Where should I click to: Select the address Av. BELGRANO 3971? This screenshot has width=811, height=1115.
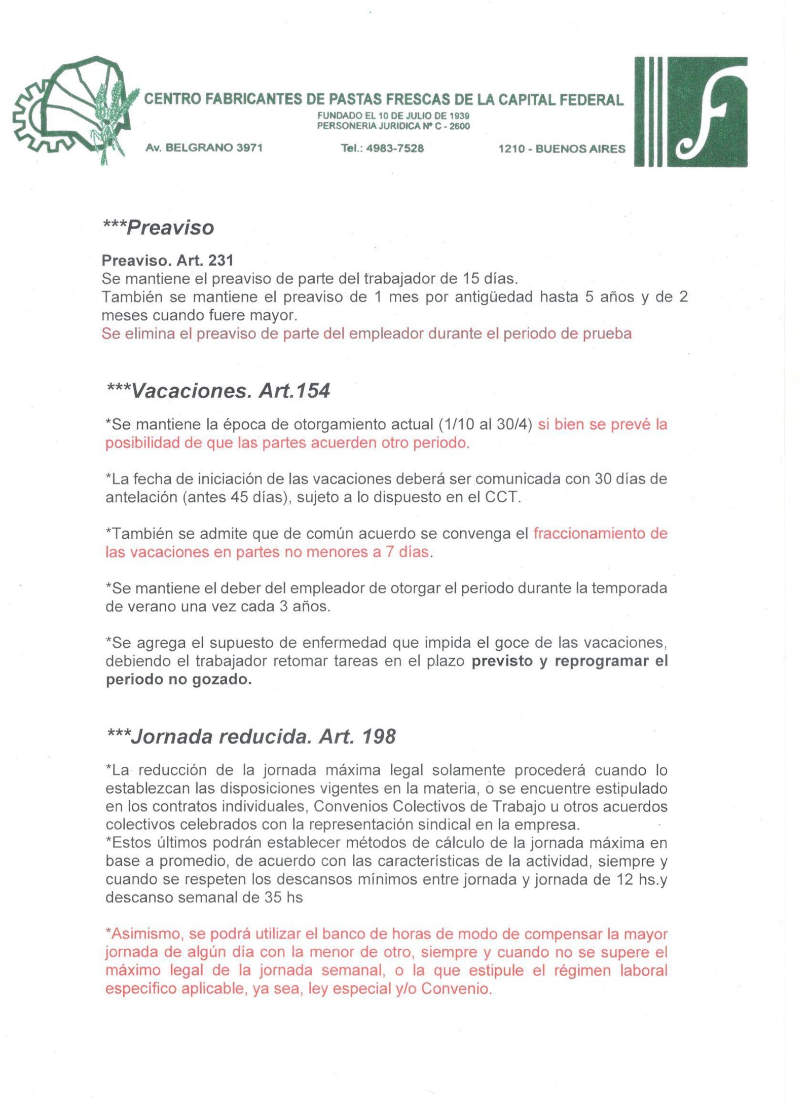(x=204, y=148)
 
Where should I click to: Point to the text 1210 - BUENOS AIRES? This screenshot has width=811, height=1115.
(x=562, y=148)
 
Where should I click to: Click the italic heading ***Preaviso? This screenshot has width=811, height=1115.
(x=158, y=228)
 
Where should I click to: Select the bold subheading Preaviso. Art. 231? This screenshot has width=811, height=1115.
(x=167, y=261)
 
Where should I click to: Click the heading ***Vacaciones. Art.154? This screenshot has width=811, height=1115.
(x=218, y=391)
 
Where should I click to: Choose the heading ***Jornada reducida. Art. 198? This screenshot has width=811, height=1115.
(x=251, y=736)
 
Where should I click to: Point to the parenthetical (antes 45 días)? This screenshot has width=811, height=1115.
(x=237, y=497)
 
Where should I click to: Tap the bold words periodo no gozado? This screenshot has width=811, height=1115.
(x=178, y=679)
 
